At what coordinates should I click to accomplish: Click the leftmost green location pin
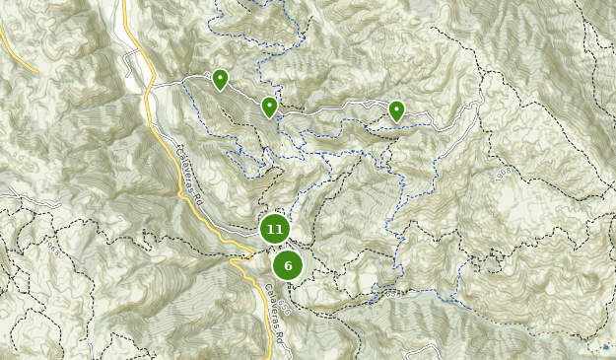click(x=220, y=79)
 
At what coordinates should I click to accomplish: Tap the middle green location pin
click(x=269, y=107)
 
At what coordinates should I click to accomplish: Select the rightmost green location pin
click(x=396, y=110)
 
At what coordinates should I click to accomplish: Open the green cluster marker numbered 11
click(x=274, y=229)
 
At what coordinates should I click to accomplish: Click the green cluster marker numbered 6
click(x=288, y=265)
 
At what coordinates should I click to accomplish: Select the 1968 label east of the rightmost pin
click(x=504, y=175)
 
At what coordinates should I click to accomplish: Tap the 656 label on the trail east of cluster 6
click(x=393, y=293)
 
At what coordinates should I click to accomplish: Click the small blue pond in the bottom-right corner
click(x=605, y=347)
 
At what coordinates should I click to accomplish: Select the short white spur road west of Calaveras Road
click(x=130, y=65)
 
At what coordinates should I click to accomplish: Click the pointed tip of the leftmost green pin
click(x=220, y=92)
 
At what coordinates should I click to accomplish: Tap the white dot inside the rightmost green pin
click(x=396, y=107)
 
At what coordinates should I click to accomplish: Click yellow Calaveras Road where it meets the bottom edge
click(x=271, y=356)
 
